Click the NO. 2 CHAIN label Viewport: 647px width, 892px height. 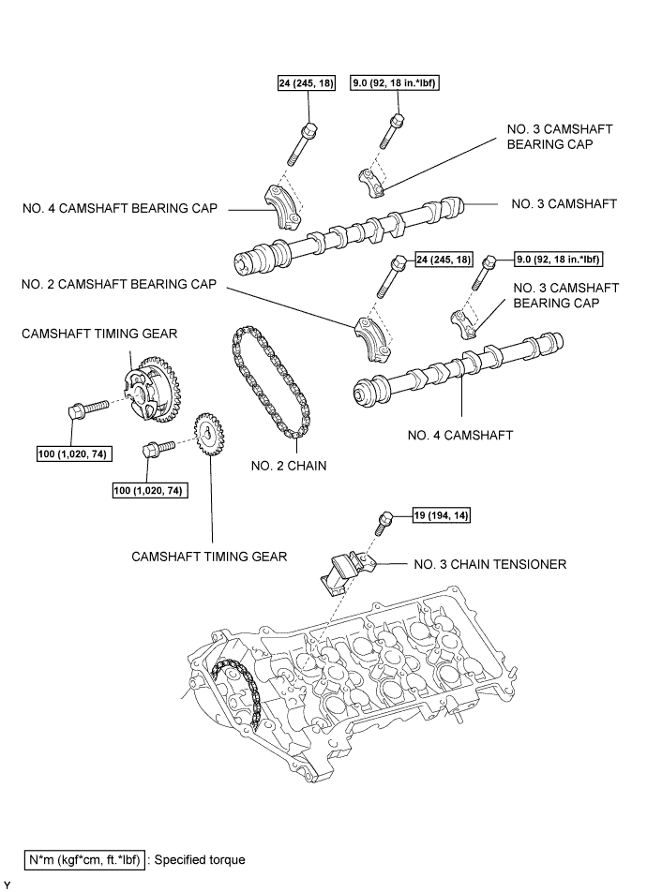click(x=289, y=466)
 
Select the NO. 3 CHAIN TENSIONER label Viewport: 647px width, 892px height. click(x=489, y=564)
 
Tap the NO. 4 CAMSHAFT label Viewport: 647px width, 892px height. click(x=460, y=435)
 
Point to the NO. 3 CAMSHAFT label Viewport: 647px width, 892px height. click(x=564, y=203)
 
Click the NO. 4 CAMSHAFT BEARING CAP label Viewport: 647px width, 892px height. click(x=120, y=208)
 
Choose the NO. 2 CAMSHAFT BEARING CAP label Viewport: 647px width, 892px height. click(x=119, y=284)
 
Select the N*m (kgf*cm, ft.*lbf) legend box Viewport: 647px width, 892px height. click(x=84, y=859)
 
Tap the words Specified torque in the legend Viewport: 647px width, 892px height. click(x=200, y=859)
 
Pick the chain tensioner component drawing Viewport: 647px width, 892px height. click(x=347, y=573)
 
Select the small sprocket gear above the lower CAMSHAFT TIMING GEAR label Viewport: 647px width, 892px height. click(x=208, y=436)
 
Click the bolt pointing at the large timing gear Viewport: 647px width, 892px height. click(x=88, y=409)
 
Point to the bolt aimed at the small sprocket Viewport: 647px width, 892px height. click(x=158, y=448)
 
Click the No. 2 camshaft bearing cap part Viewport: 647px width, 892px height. click(x=373, y=339)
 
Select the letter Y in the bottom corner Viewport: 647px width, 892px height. click(x=8, y=885)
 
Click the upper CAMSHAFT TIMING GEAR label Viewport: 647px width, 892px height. click(x=99, y=334)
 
